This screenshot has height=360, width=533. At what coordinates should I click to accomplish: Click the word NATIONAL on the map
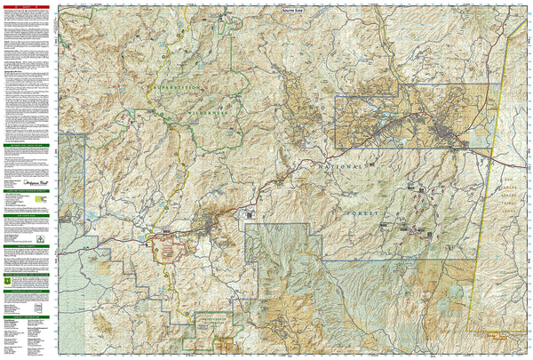tap(341, 166)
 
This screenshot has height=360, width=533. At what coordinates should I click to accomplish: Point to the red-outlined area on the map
tap(166, 248)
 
